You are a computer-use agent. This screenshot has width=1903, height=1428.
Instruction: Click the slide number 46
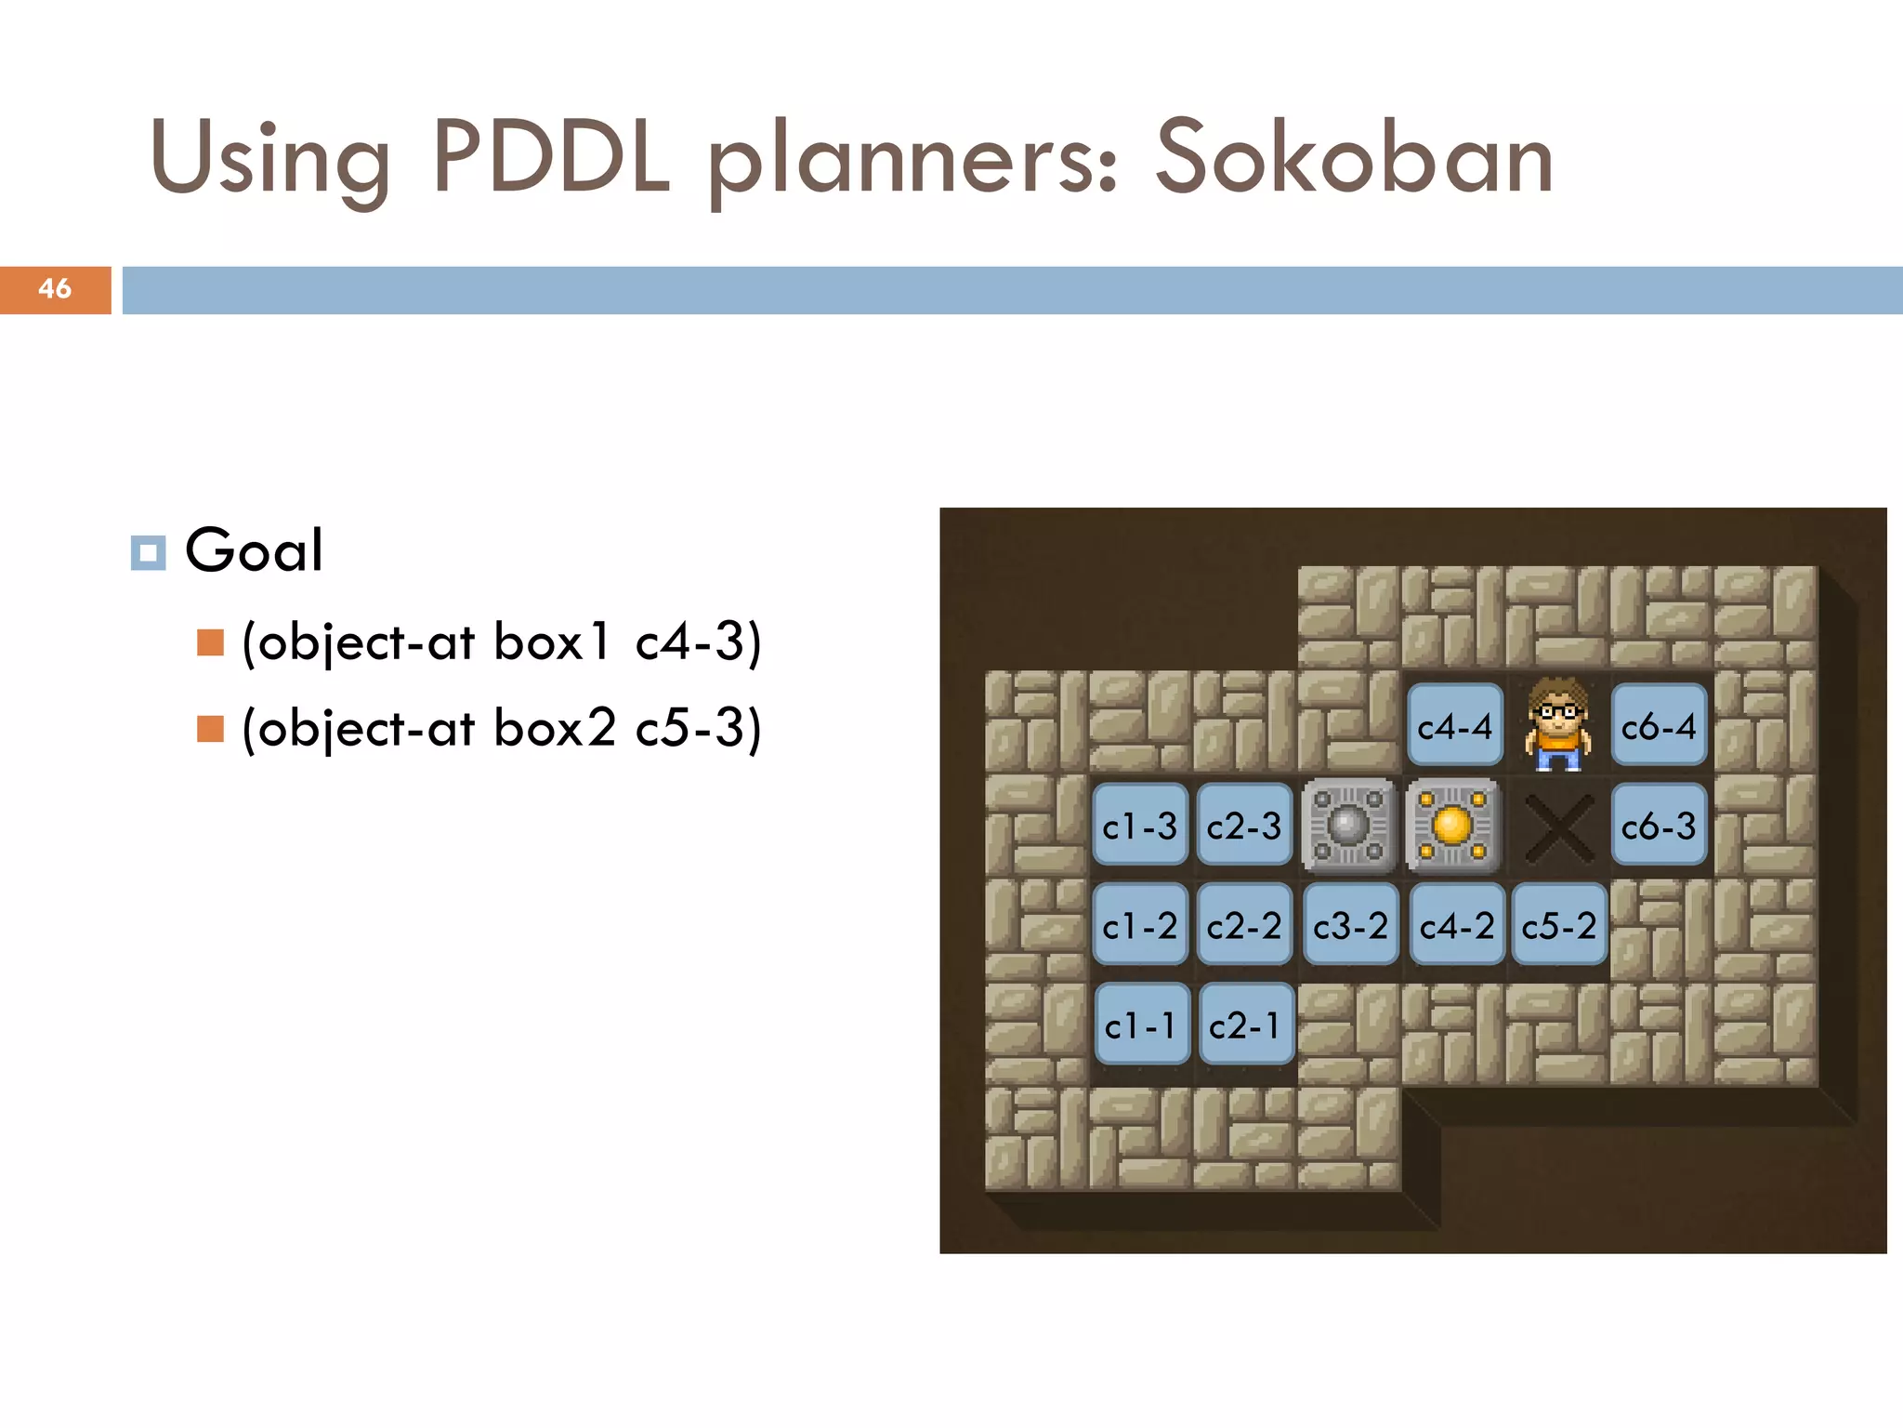(55, 289)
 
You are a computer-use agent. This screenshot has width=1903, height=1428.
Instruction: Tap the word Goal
(254, 550)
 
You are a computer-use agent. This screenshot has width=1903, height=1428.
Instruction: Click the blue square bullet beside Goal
(148, 552)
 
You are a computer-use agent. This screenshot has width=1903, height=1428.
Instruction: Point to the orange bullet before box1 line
(211, 642)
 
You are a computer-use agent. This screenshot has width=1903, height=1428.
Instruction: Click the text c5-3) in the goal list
(698, 728)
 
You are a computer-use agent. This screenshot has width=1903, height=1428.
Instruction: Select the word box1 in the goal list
(552, 642)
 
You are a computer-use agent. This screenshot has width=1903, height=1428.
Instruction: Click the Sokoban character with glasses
(1557, 724)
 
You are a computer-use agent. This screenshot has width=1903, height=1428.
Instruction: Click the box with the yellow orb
(1452, 826)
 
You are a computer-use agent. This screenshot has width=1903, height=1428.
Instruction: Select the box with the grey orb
(1348, 826)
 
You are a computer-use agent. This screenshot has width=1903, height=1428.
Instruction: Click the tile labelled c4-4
(1454, 725)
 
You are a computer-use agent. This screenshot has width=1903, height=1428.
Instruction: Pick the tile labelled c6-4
(1659, 725)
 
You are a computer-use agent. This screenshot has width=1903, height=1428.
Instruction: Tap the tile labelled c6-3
(1659, 826)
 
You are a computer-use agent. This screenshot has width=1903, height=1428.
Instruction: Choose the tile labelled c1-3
(1140, 826)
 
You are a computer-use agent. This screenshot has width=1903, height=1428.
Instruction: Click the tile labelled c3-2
(1350, 925)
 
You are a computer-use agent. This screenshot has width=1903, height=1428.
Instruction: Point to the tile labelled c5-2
(1559, 925)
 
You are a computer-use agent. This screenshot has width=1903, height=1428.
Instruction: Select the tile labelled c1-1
(1141, 1025)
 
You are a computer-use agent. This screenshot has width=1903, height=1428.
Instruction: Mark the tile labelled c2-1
(1245, 1025)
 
